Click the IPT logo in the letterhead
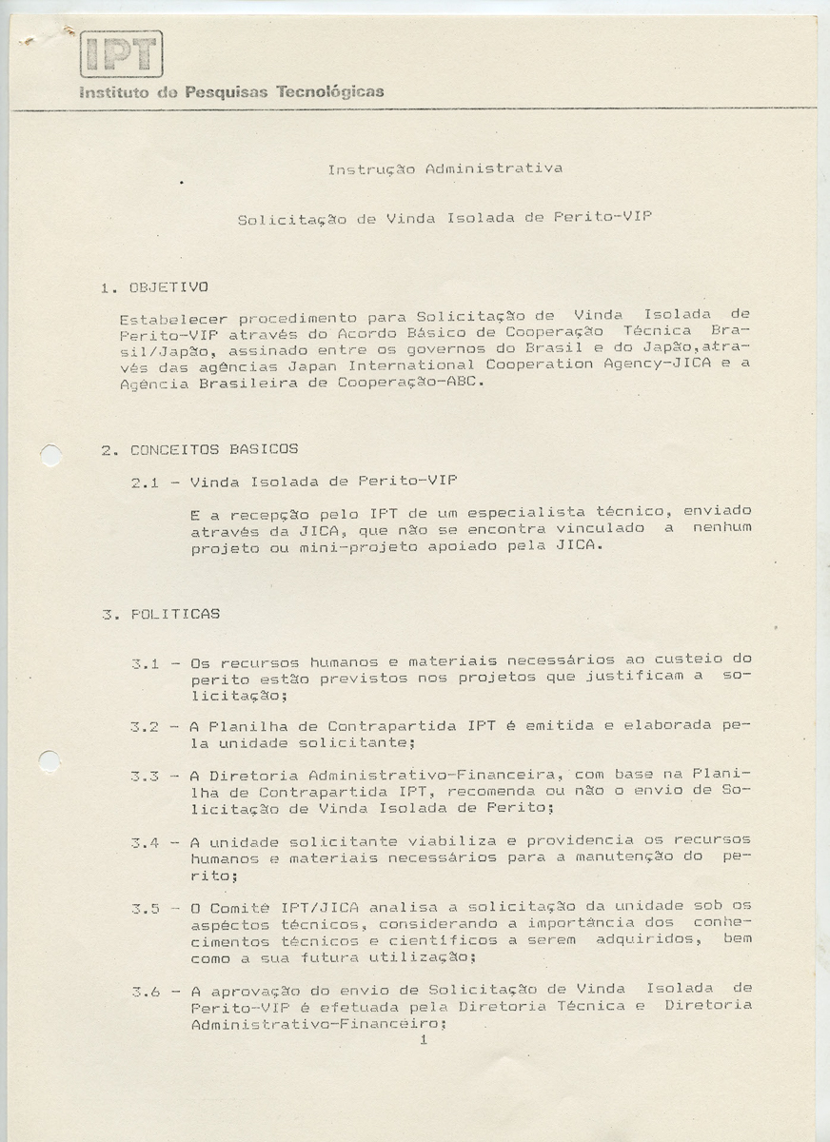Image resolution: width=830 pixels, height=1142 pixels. point(121,53)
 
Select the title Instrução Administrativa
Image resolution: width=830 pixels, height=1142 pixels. point(445,169)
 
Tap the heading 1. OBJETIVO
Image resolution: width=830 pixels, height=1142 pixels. point(154,286)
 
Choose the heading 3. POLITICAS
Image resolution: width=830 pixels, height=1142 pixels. point(161,615)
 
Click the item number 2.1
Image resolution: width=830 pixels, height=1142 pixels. point(146,482)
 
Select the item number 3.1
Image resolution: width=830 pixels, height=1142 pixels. point(145,663)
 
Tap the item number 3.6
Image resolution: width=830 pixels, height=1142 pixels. point(145,992)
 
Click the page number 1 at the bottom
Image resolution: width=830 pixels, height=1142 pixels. point(424,1040)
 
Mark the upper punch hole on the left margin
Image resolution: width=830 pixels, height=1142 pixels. point(51,456)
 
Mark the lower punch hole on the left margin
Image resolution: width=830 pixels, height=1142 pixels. point(49,761)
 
